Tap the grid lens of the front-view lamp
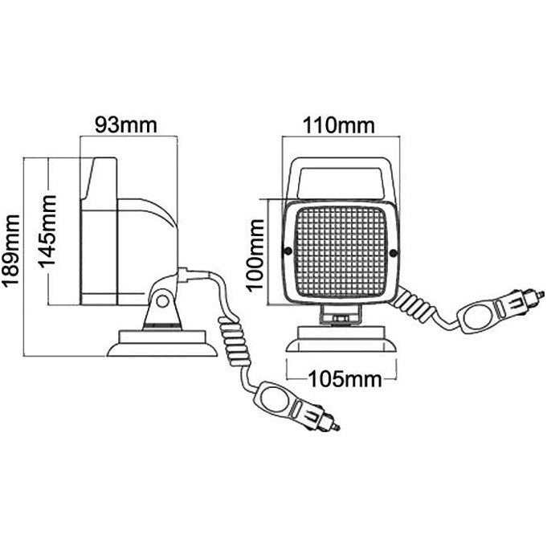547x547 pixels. tap(341, 251)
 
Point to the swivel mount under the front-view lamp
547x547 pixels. tap(341, 316)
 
